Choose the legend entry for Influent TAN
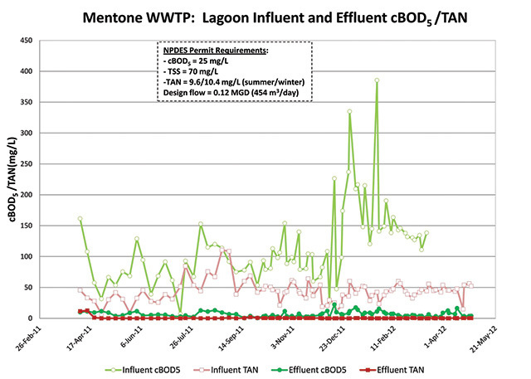pyautogui.click(x=248, y=365)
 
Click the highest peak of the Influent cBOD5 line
pyautogui.click(x=376, y=80)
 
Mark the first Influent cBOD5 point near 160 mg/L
pyautogui.click(x=80, y=219)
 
